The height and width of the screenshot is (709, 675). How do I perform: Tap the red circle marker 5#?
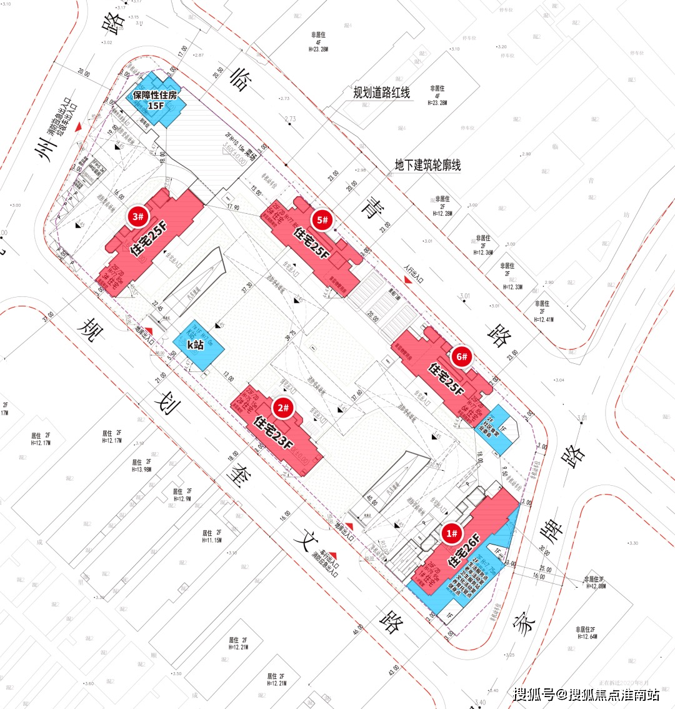(322, 219)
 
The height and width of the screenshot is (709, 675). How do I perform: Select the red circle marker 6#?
(462, 357)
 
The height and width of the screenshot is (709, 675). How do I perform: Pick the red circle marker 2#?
(283, 408)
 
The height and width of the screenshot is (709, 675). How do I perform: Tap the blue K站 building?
(200, 344)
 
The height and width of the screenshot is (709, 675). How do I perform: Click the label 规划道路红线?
(381, 93)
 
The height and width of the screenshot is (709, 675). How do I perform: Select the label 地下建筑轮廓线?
(427, 165)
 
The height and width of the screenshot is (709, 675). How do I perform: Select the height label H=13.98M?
(141, 469)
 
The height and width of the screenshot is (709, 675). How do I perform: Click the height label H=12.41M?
(544, 319)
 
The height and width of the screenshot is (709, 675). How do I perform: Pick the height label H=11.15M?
(212, 540)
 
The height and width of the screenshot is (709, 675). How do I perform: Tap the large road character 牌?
(549, 531)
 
